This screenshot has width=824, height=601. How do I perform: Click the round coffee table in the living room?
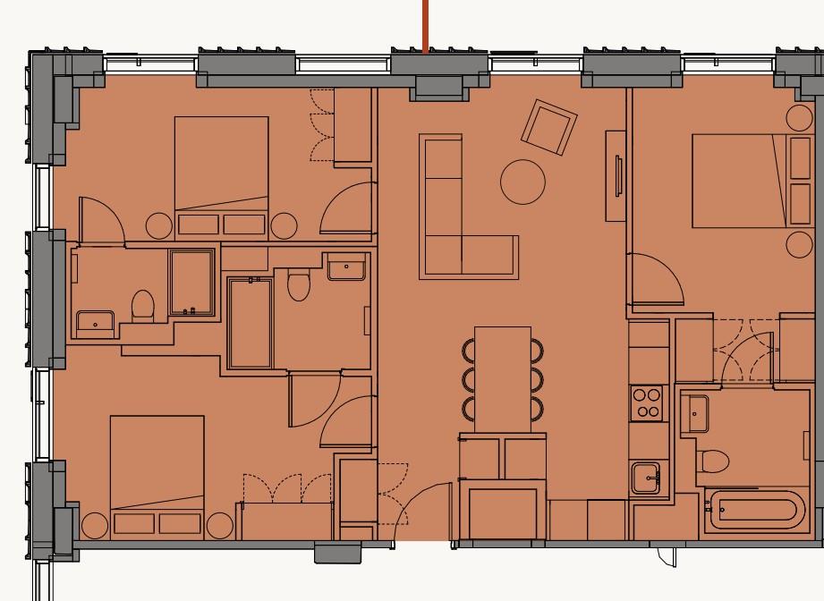point(522,182)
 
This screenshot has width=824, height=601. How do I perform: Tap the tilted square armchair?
point(549,126)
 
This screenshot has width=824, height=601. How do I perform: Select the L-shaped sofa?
point(447,233)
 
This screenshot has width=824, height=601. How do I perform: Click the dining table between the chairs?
point(502,379)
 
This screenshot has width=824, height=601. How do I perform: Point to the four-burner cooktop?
point(647,402)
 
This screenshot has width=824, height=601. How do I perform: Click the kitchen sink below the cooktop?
point(646,478)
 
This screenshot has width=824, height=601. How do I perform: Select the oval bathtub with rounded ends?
point(756,512)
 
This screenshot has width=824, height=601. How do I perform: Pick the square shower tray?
point(191,282)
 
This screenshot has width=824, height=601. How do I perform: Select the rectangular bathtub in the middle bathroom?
point(251,323)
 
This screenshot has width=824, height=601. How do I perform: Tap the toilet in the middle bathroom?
point(299,284)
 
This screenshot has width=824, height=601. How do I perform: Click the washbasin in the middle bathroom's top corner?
point(347,267)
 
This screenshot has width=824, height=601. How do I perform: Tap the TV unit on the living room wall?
point(615,175)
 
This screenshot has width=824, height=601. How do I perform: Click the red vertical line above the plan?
point(425,25)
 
